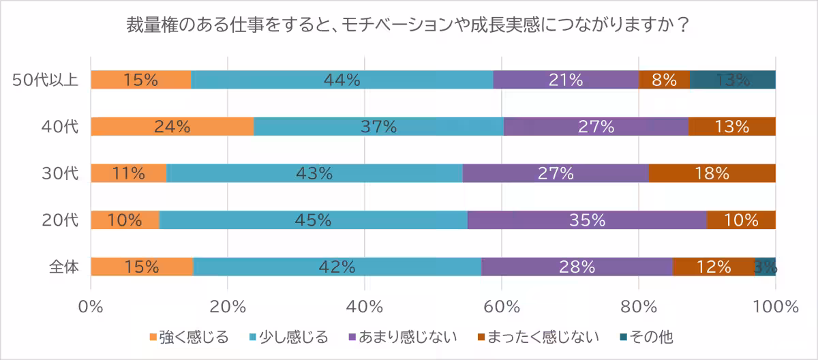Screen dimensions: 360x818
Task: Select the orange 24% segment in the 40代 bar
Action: click(x=172, y=127)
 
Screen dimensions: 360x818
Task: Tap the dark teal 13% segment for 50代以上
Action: click(x=733, y=80)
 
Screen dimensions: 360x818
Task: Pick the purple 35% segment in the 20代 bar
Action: click(x=587, y=220)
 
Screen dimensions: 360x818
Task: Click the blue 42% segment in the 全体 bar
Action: click(x=337, y=267)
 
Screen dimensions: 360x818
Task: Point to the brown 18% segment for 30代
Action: click(x=712, y=173)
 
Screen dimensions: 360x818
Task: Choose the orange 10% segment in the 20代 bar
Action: click(x=125, y=220)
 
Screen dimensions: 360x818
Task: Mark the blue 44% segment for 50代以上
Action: click(x=342, y=80)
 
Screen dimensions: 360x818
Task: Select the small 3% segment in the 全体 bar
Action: click(x=765, y=267)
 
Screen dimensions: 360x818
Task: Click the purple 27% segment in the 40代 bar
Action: click(x=596, y=127)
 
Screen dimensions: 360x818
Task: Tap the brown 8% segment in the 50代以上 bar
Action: click(x=664, y=80)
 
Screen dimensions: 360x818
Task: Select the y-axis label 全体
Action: click(x=64, y=267)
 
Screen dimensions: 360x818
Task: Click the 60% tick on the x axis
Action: click(x=502, y=306)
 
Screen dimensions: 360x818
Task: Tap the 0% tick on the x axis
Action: click(x=91, y=306)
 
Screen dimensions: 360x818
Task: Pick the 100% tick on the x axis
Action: click(x=775, y=306)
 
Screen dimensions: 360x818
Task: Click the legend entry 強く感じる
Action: click(x=188, y=337)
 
